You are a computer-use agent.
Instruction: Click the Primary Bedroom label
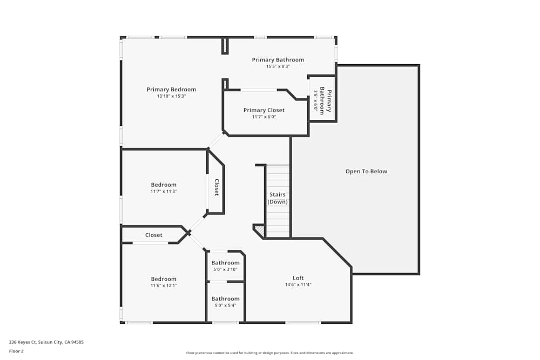[x=171, y=90]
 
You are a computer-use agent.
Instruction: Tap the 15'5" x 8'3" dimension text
[x=278, y=66]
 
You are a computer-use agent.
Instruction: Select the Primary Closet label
[x=264, y=110]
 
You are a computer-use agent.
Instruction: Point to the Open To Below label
[x=366, y=172]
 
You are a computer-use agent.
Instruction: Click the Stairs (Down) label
[x=278, y=198]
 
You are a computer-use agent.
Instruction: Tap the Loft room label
[x=298, y=278]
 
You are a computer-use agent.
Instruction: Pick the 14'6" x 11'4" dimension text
[x=298, y=284]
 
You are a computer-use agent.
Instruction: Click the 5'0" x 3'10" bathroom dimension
[x=225, y=269]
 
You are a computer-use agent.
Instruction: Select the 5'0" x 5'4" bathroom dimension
[x=225, y=305]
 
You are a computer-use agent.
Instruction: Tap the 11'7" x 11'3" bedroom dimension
[x=164, y=192]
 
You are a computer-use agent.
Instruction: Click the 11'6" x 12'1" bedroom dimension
[x=164, y=286]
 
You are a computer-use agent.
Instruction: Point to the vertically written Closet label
[x=217, y=188]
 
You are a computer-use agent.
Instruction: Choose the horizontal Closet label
[x=153, y=235]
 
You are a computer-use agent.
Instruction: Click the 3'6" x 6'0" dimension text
[x=315, y=100]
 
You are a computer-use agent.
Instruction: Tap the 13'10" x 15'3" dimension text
[x=171, y=97]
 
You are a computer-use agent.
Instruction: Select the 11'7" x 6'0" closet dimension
[x=264, y=117]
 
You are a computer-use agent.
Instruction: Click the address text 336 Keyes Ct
[x=23, y=342]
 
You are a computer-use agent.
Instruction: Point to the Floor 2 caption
[x=16, y=351]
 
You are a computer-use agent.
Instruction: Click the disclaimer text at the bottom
[x=269, y=353]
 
